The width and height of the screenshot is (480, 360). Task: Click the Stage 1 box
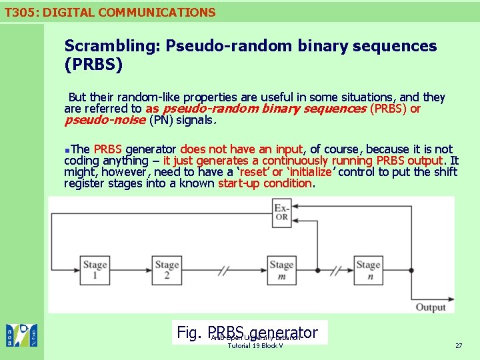pos(95,270)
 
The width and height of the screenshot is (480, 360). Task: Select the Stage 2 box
pos(167,270)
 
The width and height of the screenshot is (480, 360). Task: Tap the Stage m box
pos(281,270)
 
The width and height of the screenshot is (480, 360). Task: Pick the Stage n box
pos(368,270)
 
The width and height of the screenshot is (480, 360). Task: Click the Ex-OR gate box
pos(281,212)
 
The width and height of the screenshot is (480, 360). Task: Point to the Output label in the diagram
pos(431,307)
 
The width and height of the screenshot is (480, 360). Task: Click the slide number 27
pos(458,345)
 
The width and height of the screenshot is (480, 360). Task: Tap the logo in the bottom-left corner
pos(21,335)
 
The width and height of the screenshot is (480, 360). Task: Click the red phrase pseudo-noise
pos(105,120)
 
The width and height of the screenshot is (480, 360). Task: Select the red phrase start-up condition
pos(265,183)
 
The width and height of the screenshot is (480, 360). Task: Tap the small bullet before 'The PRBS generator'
pos(67,149)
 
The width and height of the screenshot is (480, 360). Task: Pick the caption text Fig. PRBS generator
pos(247,332)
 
